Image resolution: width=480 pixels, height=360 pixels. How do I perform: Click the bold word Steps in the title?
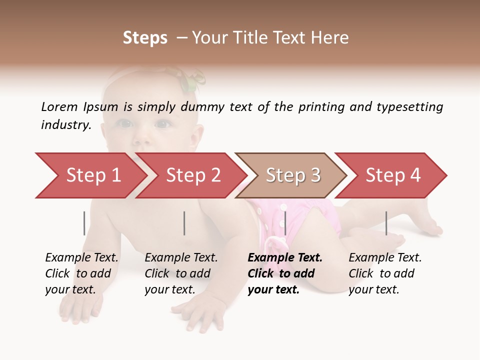pos(145,38)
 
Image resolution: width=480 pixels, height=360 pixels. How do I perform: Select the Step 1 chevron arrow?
pos(93,175)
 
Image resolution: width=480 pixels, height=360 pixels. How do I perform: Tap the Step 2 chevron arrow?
pos(193,175)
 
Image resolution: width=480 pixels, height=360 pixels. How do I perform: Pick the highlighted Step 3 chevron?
pos(293,175)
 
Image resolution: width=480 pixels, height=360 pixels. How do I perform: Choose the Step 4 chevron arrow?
pos(393,175)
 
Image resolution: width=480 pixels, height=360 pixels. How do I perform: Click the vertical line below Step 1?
pos(84,223)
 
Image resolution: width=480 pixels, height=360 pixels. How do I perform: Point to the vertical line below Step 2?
pos(184,223)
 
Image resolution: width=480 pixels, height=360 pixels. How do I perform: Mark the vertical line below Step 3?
pos(285,223)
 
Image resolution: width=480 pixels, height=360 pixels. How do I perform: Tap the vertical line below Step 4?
pos(386,223)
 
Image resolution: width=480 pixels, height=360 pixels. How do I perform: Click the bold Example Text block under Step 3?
pos(284,273)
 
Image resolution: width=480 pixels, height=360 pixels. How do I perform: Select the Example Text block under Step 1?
pos(81,273)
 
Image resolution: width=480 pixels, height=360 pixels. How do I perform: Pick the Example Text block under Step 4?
pos(384,273)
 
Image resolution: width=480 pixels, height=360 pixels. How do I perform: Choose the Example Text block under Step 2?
pos(181,273)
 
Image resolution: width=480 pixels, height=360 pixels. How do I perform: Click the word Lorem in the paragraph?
pos(59,107)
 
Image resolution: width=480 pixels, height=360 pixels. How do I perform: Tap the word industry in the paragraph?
pos(65,125)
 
